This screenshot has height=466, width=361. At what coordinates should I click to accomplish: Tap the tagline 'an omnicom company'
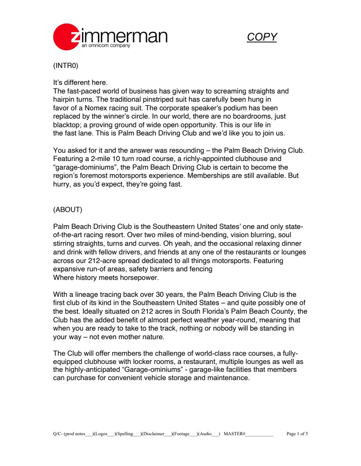coord(106,46)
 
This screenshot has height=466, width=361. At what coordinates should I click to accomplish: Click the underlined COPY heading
coord(262,37)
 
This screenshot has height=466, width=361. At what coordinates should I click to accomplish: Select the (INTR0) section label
coord(66,66)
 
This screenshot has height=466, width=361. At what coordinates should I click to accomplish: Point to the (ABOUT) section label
coord(68,210)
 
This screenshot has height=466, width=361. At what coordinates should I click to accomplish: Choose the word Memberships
coord(209,176)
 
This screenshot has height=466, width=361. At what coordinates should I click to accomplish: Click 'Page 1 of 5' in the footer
coord(297,434)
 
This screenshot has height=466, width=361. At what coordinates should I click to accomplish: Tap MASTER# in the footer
coord(234,434)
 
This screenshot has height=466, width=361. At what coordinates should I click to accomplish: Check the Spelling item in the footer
coord(125,434)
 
